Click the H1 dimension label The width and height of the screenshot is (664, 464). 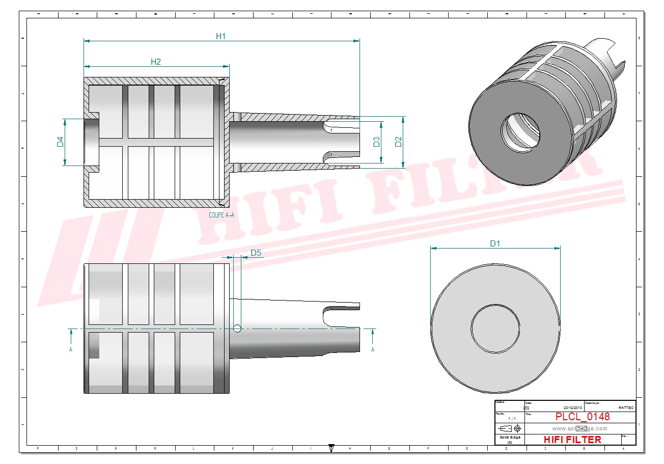tap(220, 36)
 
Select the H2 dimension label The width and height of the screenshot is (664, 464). tap(156, 62)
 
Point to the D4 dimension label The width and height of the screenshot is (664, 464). tap(60, 142)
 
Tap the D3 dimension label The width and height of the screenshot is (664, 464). tap(376, 142)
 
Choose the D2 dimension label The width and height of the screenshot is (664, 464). tap(399, 142)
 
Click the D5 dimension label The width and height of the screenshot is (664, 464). tap(256, 253)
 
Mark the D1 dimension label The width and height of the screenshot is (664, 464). tap(495, 244)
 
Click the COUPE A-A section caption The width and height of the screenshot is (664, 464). tap(222, 215)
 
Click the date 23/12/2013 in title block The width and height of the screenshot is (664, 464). tap(573, 408)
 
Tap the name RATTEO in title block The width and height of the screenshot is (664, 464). tap(626, 408)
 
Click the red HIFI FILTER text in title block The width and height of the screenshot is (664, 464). tap(572, 440)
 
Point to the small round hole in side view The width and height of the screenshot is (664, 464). tap(237, 329)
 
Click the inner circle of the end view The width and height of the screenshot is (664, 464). tap(495, 328)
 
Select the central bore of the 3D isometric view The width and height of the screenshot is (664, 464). tap(520, 132)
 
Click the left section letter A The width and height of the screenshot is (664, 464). tap(71, 349)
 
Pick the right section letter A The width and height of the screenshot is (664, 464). tap(373, 349)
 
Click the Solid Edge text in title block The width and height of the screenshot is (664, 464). tap(509, 438)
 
